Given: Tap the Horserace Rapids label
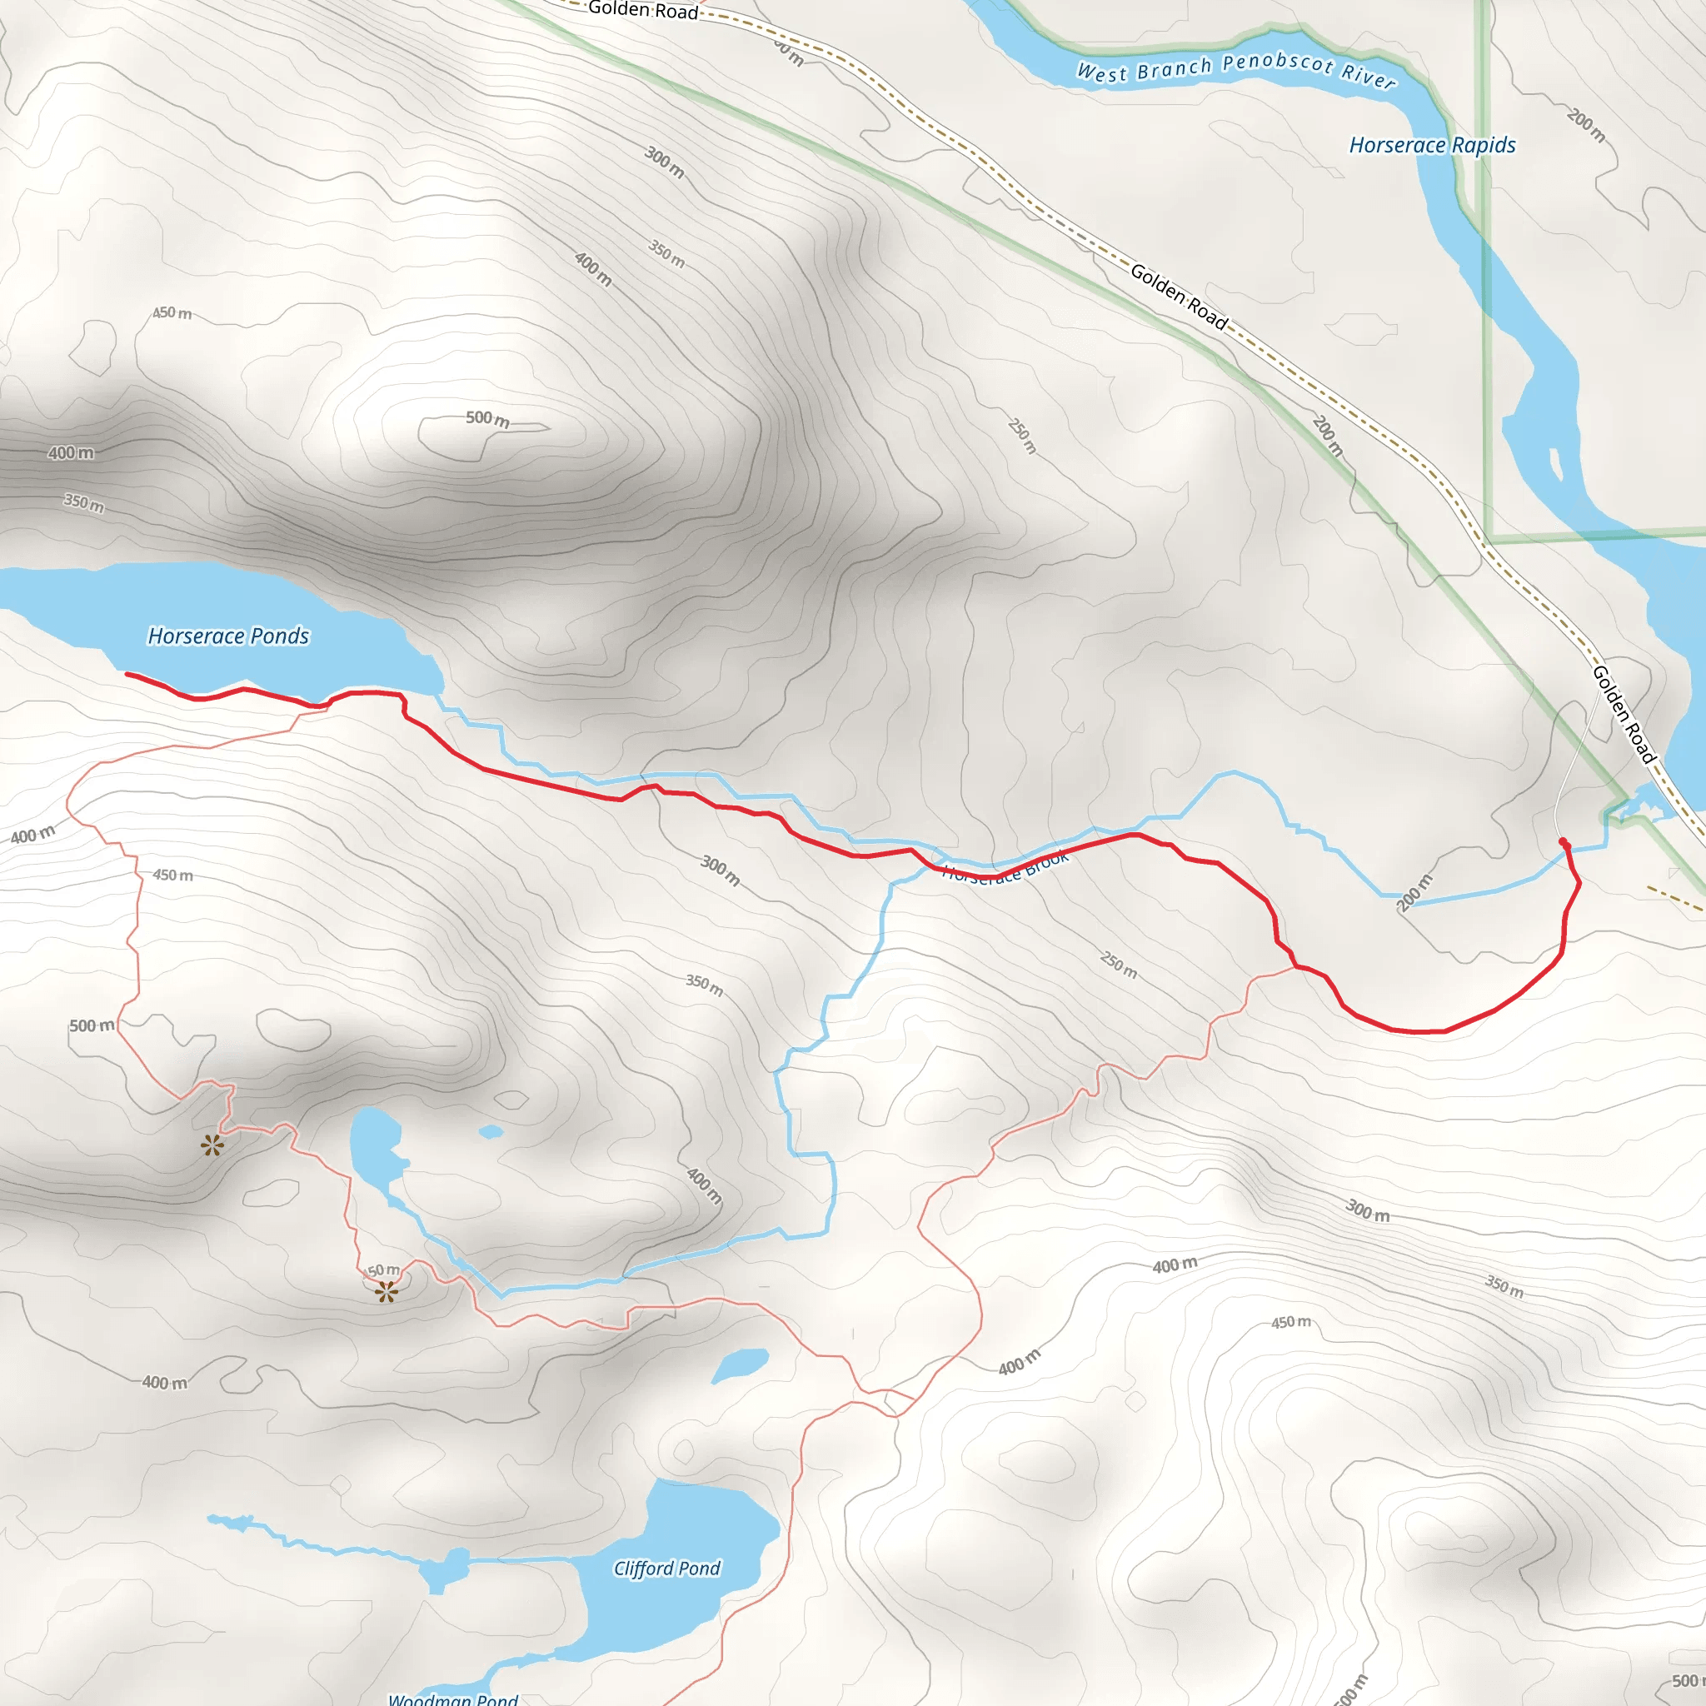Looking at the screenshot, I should click(1432, 145).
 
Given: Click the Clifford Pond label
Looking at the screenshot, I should click(666, 1569).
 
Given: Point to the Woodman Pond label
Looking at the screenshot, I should click(453, 1698).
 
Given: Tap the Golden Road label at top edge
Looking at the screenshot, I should click(643, 10).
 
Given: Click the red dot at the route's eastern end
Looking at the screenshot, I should click(1563, 841).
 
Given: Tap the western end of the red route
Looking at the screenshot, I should click(128, 674).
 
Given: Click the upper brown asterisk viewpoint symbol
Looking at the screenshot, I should click(212, 1146).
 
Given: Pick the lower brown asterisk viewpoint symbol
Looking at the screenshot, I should click(386, 1293).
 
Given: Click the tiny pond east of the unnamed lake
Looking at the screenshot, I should click(491, 1131).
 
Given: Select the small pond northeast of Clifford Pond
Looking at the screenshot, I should click(739, 1364).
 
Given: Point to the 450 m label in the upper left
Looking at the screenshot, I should click(172, 312).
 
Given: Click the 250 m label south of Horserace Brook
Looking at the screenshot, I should click(1119, 965).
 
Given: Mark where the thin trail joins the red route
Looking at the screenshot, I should click(1295, 967).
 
